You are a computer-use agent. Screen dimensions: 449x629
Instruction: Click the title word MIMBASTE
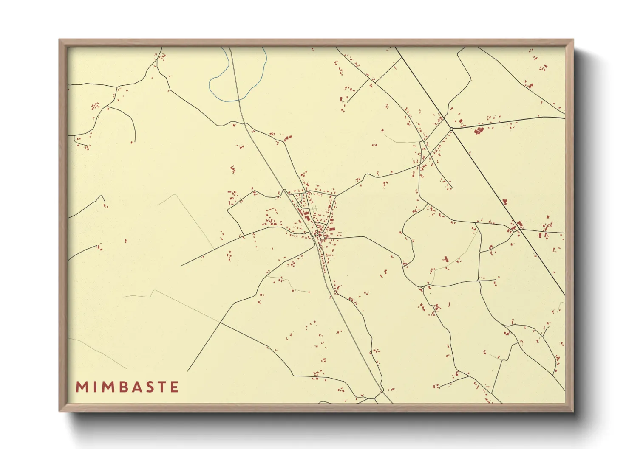[127, 387]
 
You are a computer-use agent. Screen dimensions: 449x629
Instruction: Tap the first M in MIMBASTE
[81, 387]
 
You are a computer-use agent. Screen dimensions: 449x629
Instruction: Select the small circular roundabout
[451, 129]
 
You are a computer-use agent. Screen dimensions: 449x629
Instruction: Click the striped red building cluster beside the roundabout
[479, 130]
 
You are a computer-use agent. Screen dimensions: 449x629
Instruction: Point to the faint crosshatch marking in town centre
[314, 209]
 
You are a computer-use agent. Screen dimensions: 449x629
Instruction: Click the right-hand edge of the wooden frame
[569, 225]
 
